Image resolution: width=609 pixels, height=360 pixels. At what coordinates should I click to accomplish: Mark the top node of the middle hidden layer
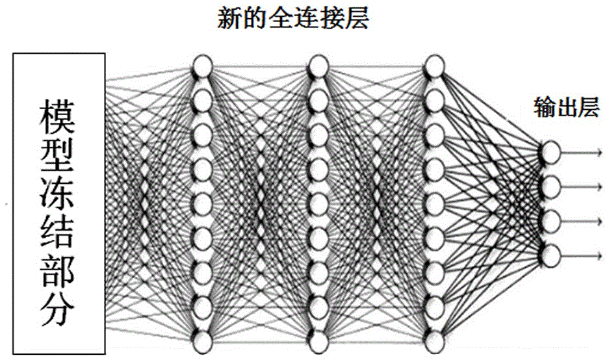318,66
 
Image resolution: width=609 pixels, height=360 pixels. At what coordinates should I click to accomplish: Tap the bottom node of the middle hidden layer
318,341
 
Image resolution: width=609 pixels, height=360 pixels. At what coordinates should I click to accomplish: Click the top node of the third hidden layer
434,66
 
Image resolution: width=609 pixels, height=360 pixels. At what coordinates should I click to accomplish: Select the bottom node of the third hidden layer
434,341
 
